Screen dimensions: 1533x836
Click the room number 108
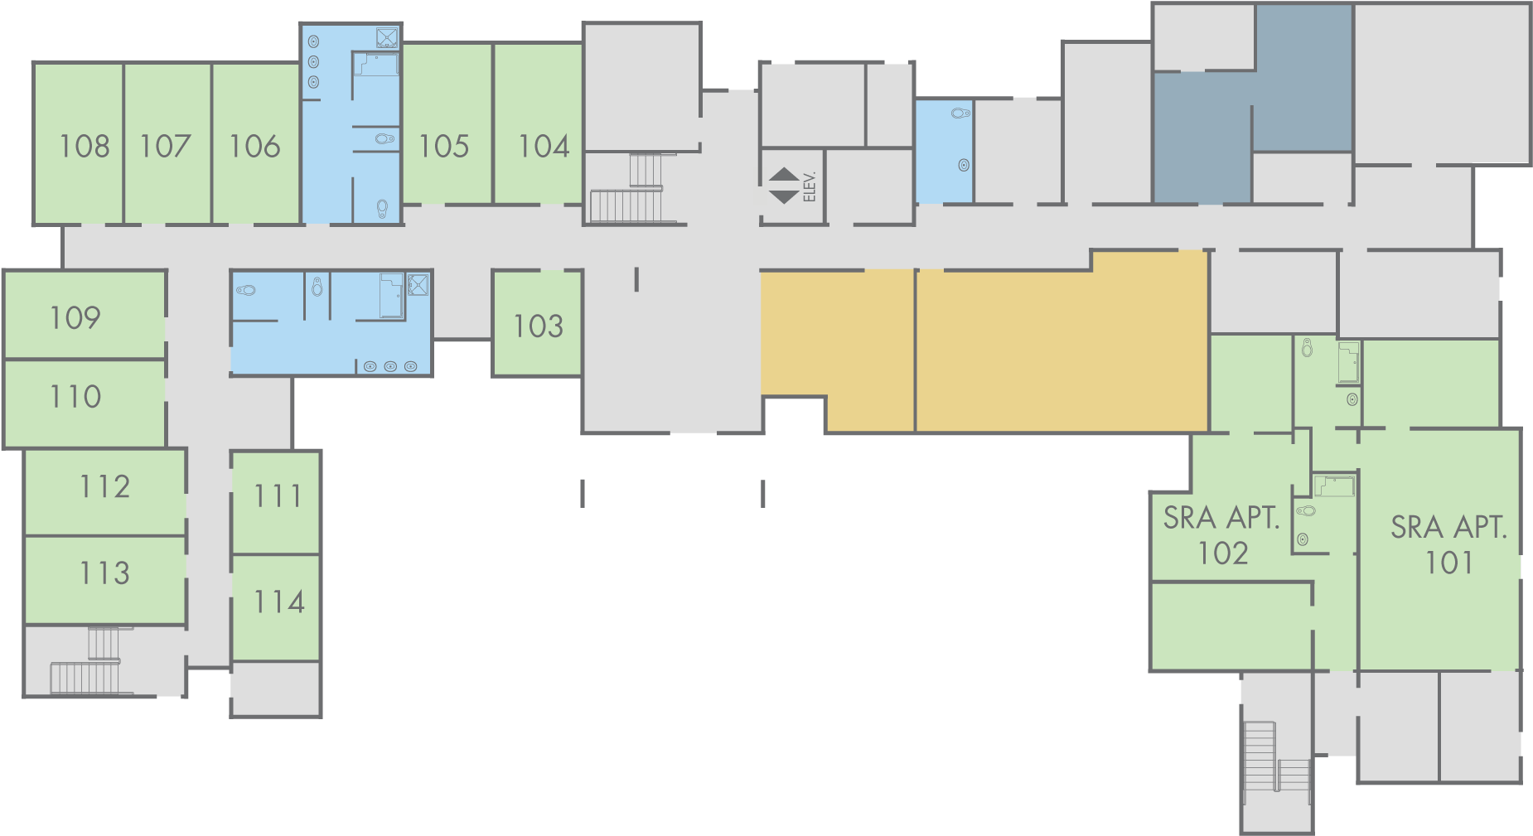point(84,147)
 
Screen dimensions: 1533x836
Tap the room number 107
point(165,147)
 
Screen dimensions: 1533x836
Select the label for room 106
point(254,147)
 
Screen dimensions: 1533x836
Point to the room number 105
point(443,147)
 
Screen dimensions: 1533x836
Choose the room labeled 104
point(544,147)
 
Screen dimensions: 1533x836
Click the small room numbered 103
point(538,326)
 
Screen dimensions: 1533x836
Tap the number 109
point(75,317)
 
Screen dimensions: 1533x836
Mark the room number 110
point(75,397)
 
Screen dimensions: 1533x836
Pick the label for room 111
point(278,496)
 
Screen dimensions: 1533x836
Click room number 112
point(104,486)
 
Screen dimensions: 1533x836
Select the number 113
point(104,573)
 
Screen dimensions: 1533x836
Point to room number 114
point(278,602)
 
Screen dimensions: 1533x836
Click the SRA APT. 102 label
point(1222,535)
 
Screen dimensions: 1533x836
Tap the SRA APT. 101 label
point(1448,544)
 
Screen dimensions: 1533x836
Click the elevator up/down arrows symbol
point(784,186)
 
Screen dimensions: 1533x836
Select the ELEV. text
point(810,186)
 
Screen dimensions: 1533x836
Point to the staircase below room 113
point(91,663)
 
